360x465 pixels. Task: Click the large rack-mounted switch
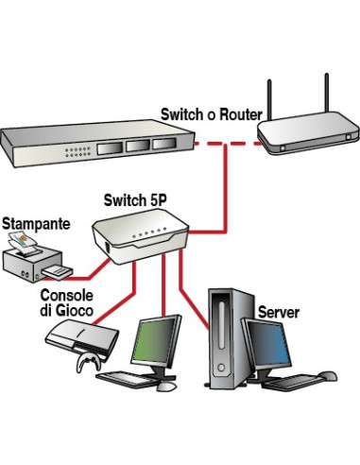(x=94, y=146)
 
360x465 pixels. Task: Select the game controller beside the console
(x=84, y=363)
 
